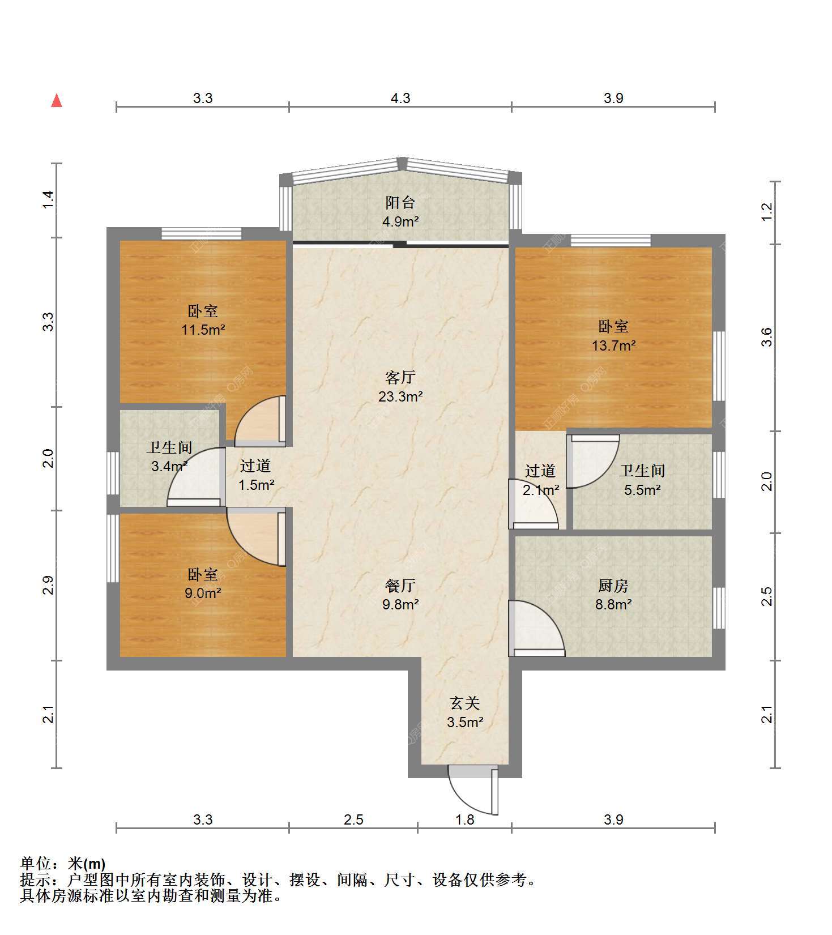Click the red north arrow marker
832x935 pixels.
click(57, 101)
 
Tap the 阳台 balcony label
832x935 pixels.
click(400, 202)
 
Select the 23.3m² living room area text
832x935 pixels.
click(400, 396)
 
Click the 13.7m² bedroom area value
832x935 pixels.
click(614, 345)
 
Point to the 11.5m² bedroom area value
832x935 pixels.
click(203, 330)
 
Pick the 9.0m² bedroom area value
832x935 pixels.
click(203, 593)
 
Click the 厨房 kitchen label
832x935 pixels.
click(613, 585)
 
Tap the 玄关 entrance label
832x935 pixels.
click(465, 703)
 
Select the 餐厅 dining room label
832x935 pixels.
click(400, 585)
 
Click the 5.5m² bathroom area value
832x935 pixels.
click(642, 490)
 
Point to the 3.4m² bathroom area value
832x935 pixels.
click(169, 467)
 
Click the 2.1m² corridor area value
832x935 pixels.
click(541, 490)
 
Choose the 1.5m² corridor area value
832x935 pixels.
click(256, 485)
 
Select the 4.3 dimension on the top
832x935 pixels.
click(400, 98)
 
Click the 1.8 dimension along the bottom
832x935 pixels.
click(465, 819)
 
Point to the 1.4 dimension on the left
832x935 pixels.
click(49, 200)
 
